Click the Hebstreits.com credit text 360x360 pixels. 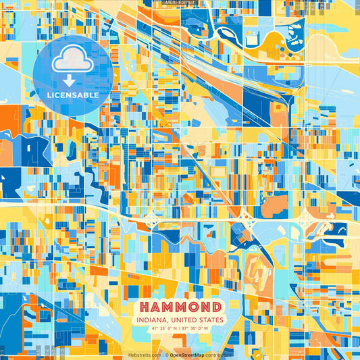tap(144, 355)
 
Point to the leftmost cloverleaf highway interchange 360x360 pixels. tap(151, 217)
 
